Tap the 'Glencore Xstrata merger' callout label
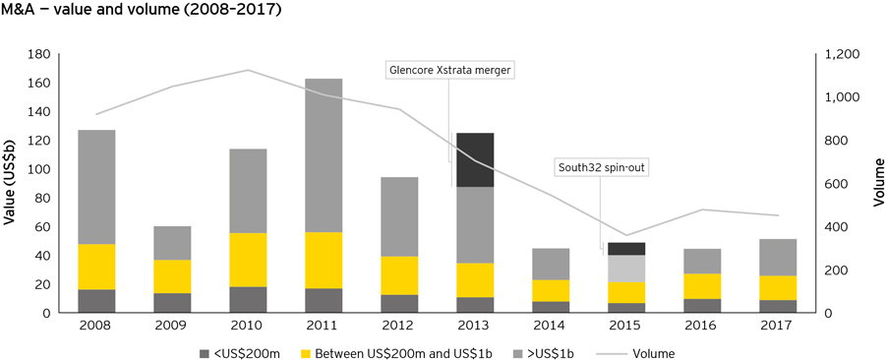[x=451, y=70]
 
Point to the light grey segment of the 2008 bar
[x=96, y=187]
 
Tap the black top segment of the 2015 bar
[x=625, y=249]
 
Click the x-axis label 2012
[x=397, y=327]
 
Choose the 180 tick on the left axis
[x=38, y=54]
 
